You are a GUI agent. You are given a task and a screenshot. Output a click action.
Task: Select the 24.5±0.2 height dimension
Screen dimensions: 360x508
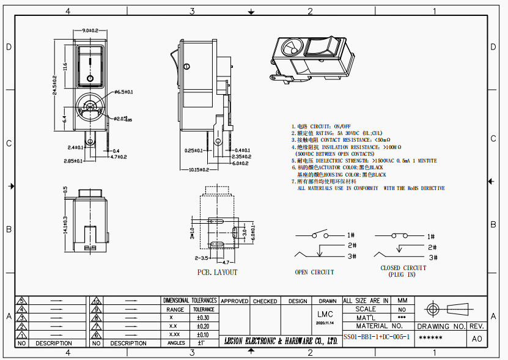[x=54, y=85]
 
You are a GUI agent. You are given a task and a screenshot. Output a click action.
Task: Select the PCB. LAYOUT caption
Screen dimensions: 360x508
[x=217, y=272]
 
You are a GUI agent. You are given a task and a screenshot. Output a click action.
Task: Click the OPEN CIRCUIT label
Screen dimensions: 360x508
[x=314, y=272]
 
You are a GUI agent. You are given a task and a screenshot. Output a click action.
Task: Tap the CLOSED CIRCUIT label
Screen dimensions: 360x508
[x=403, y=268]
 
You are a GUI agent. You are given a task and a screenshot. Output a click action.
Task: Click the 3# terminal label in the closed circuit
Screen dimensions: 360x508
[x=432, y=257]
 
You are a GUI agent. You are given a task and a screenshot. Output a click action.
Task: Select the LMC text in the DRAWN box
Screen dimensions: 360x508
[x=327, y=314]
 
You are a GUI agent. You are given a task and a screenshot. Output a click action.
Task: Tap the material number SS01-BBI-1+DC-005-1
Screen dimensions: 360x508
[x=376, y=337]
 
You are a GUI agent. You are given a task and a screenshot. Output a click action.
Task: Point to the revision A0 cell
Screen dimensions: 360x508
[x=477, y=338]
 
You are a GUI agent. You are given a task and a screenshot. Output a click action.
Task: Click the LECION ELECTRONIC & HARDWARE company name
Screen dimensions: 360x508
[x=281, y=340]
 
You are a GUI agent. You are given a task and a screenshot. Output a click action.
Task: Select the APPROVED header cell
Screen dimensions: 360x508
[x=234, y=301]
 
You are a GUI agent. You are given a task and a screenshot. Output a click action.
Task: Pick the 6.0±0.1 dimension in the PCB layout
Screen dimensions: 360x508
[x=251, y=233]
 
